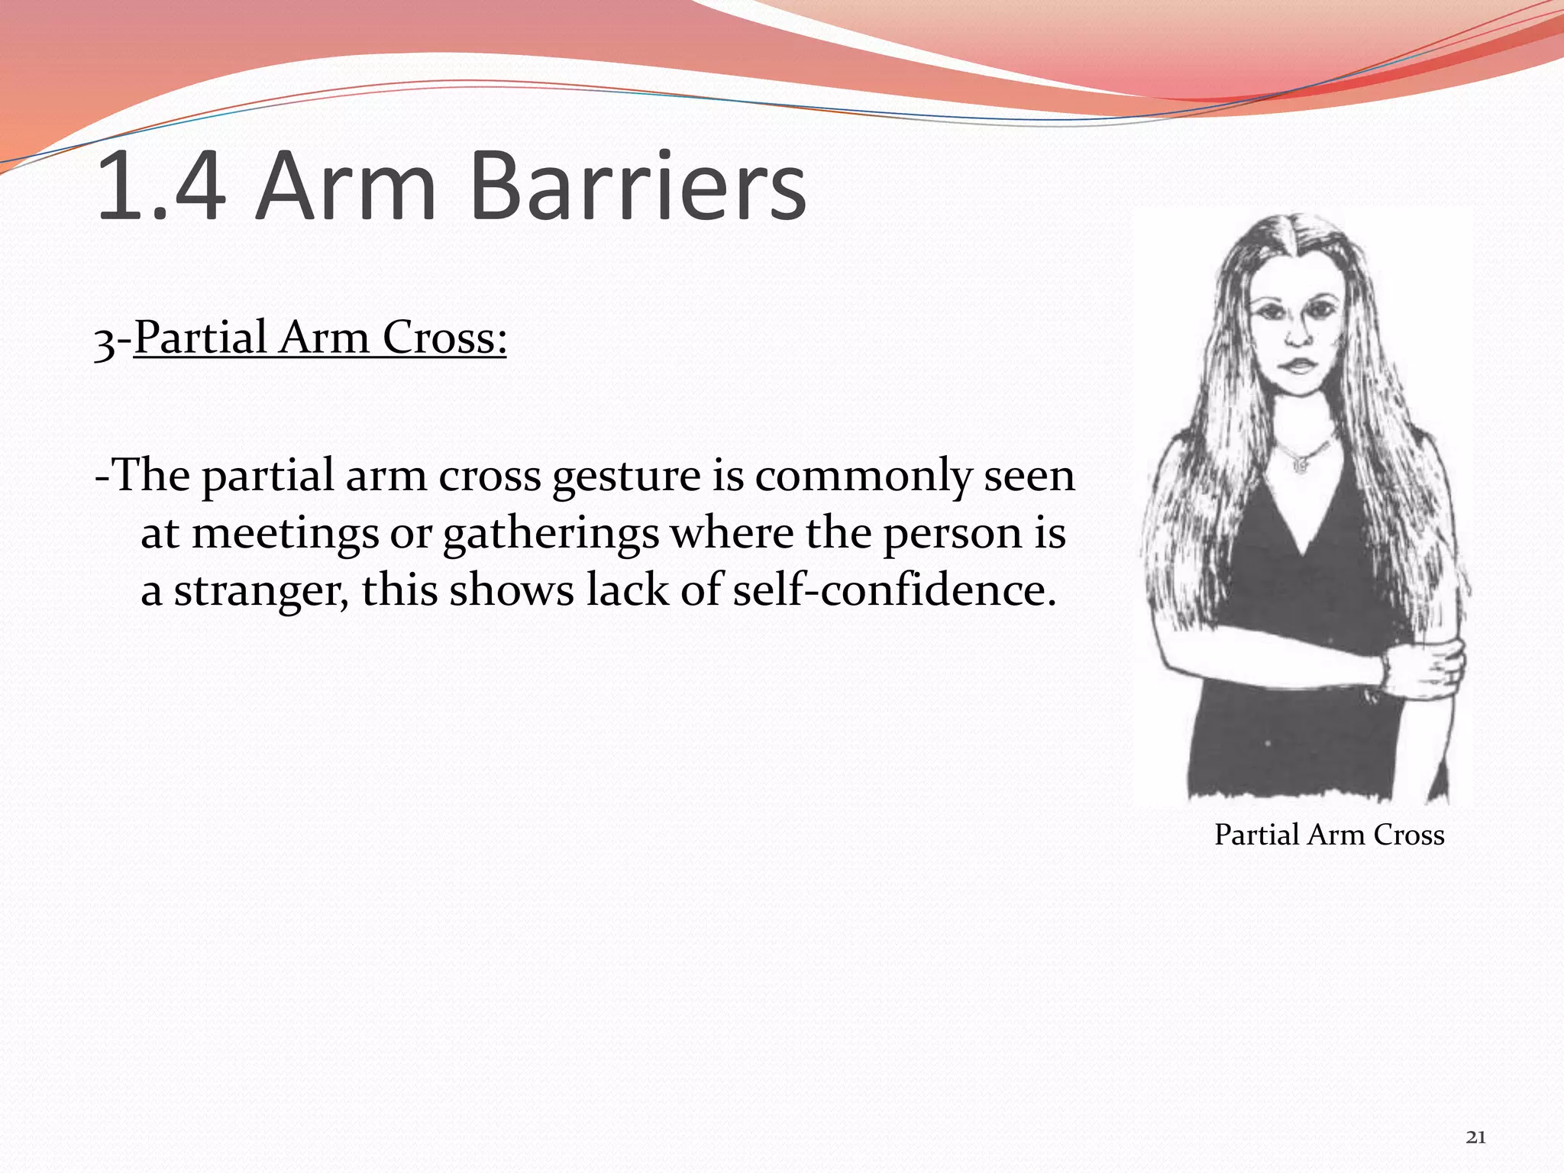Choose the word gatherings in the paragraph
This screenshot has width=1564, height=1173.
[x=551, y=534]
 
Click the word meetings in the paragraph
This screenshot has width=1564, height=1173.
[x=285, y=534]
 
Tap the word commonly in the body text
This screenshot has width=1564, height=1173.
[x=863, y=477]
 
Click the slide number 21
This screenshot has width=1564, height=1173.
[x=1475, y=1137]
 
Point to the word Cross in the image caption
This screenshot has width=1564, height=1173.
[x=1409, y=835]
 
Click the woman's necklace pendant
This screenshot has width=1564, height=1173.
[x=1301, y=462]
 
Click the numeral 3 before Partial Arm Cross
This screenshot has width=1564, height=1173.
[x=104, y=340]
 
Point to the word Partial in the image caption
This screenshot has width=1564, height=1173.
[x=1257, y=835]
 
